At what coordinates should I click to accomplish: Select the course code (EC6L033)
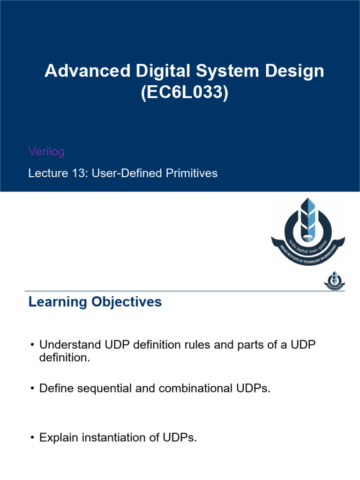[x=184, y=92]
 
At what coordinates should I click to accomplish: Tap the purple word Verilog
[x=46, y=151]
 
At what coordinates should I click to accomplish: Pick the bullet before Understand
[x=32, y=345]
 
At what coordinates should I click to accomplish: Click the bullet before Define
[x=32, y=389]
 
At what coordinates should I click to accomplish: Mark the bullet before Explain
[x=32, y=438]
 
